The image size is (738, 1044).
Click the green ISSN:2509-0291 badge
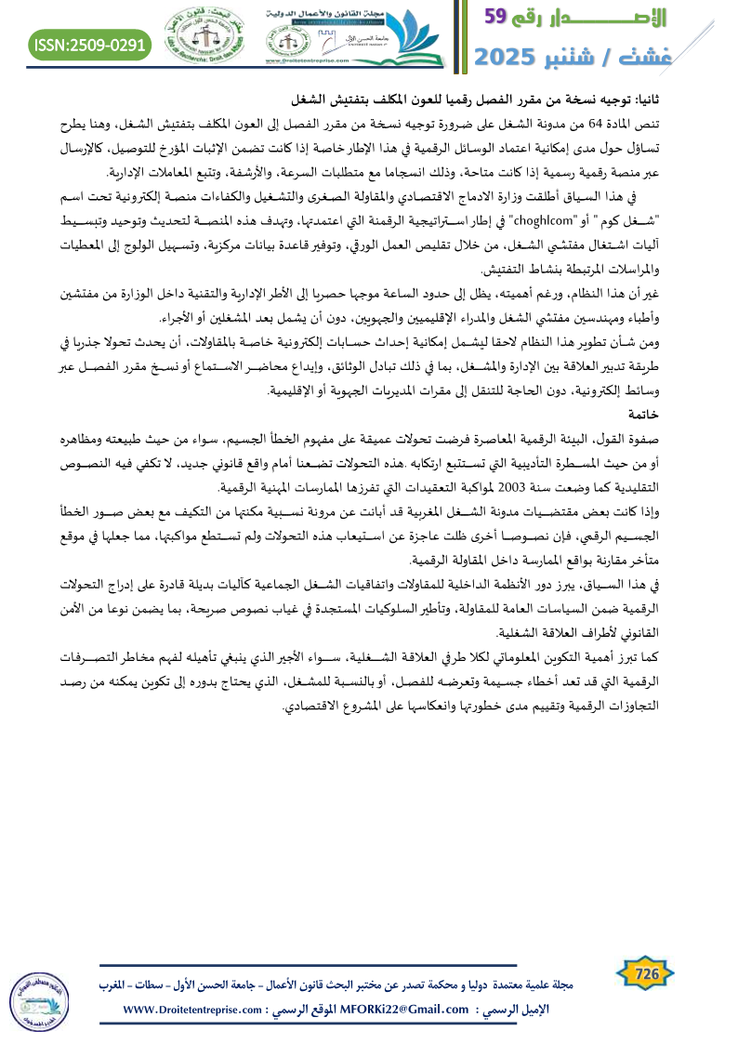(90, 43)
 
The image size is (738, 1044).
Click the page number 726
(646, 974)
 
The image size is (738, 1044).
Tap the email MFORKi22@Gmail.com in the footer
(394, 1010)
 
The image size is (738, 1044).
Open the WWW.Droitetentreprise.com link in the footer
(193, 1010)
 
